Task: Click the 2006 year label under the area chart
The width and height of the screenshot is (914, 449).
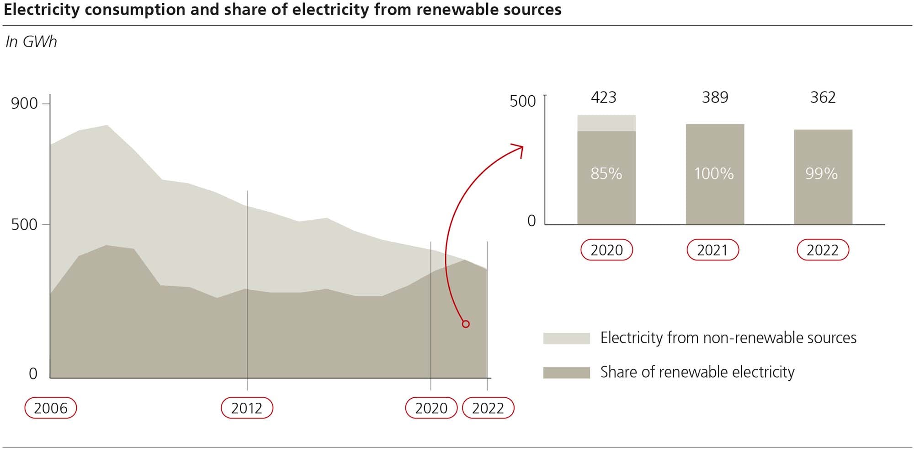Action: coord(50,408)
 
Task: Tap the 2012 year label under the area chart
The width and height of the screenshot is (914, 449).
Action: coord(247,408)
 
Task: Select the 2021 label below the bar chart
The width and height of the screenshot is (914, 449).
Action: coord(712,250)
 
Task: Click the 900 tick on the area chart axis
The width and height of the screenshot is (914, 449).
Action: coord(24,103)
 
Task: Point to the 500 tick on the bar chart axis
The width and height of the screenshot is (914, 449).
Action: coord(522,101)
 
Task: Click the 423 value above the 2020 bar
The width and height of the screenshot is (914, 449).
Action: coord(603,97)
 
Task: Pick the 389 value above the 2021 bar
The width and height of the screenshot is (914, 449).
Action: coord(715,97)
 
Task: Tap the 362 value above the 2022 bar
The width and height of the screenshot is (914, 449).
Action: coord(823,97)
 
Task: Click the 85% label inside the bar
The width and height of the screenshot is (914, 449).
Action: coord(606,173)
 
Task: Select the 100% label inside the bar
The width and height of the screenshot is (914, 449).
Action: coord(714,173)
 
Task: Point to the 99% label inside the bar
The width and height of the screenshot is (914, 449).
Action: coord(821,173)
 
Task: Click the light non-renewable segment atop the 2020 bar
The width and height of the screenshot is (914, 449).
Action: coord(606,123)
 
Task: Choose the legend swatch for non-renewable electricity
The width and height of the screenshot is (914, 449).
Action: coord(566,338)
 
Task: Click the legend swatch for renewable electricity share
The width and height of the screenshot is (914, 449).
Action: coord(566,373)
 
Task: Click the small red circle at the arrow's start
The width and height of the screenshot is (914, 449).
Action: coord(466,324)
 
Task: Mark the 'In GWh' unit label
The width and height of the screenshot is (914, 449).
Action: coord(31,42)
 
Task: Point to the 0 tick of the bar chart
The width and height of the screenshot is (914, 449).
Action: coord(531,221)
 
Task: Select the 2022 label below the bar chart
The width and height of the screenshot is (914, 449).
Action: coord(823,250)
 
